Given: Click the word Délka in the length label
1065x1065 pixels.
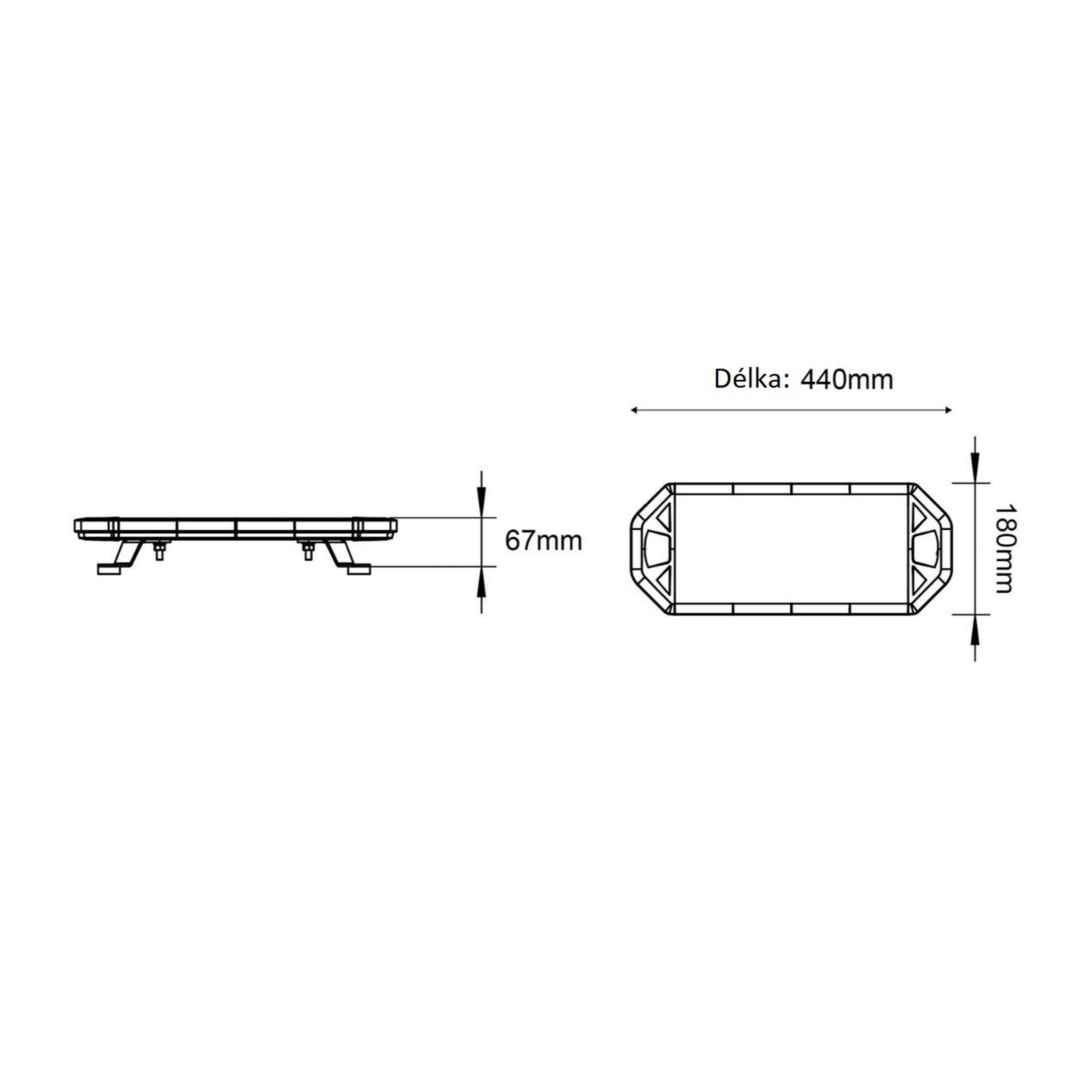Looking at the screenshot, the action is click(x=751, y=379).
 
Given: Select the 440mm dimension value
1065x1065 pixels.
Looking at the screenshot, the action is click(x=847, y=380).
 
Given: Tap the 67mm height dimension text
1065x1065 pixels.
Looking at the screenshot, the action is click(x=543, y=541).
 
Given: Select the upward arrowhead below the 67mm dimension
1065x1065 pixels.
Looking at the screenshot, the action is click(x=481, y=581).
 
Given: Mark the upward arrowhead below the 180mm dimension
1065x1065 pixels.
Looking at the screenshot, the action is click(x=975, y=630).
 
